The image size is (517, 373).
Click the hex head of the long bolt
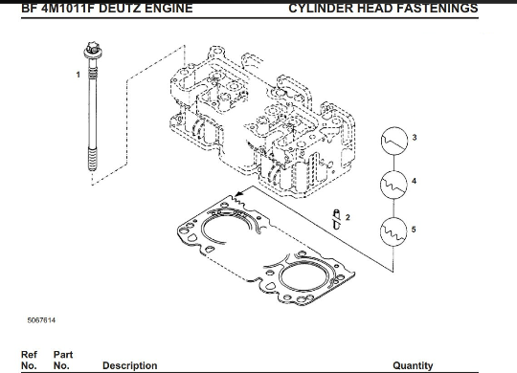click(93, 50)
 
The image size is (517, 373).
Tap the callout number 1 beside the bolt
click(79, 75)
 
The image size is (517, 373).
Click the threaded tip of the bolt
click(93, 160)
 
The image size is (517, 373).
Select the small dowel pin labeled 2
click(336, 219)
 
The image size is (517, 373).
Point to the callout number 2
click(348, 217)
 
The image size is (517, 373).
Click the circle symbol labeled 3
click(393, 141)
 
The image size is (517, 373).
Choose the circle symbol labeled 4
click(393, 185)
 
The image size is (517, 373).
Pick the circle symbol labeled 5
click(393, 231)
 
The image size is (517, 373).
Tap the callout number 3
click(415, 138)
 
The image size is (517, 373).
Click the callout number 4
click(415, 181)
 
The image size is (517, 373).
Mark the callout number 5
click(414, 230)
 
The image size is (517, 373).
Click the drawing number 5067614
click(41, 320)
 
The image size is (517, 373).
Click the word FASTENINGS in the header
click(438, 8)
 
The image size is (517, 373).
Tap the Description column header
click(130, 365)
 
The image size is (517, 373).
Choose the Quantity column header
click(413, 365)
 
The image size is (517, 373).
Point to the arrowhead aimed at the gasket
click(240, 193)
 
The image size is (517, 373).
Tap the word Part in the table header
click(63, 355)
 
